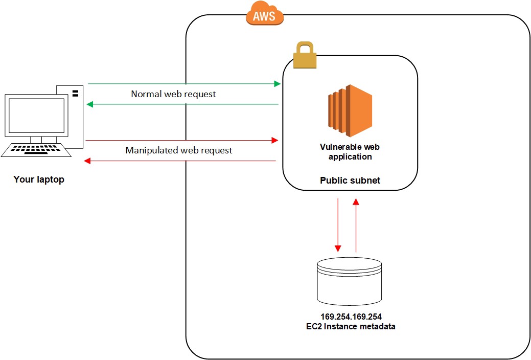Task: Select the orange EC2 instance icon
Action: [x=350, y=111]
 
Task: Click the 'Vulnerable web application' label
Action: [x=350, y=151]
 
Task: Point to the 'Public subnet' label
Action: [x=350, y=181]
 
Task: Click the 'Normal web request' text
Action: [x=173, y=94]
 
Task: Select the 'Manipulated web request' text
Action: [x=178, y=150]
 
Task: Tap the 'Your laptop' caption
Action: [x=39, y=179]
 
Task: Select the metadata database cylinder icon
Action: [x=350, y=281]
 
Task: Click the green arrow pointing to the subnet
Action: [x=184, y=83]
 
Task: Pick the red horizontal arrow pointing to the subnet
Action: [x=182, y=140]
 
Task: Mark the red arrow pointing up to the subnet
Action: [x=356, y=225]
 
